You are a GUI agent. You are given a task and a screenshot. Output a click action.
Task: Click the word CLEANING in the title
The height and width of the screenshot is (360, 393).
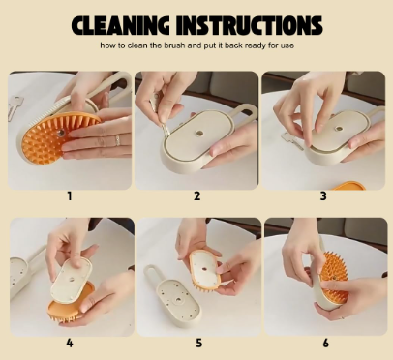tap(120, 25)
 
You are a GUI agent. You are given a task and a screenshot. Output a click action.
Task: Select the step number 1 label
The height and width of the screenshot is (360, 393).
tap(69, 195)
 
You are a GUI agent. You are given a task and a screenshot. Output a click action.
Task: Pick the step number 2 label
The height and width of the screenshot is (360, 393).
tap(196, 195)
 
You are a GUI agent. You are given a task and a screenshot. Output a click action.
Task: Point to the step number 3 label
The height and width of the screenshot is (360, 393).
tap(323, 195)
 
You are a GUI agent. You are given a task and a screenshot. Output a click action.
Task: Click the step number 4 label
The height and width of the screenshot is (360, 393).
tap(70, 343)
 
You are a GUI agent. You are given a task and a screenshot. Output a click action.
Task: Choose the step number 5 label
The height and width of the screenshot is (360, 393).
tap(199, 343)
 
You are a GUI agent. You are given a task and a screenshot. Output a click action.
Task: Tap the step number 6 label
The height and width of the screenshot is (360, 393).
tap(325, 343)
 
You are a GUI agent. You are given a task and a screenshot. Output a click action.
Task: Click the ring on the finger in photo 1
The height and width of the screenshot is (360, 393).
tap(117, 140)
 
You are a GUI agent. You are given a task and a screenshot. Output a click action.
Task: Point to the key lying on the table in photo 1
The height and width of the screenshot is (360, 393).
tap(14, 107)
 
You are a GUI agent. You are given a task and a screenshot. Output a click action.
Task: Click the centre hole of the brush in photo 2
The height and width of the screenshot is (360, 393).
tap(199, 133)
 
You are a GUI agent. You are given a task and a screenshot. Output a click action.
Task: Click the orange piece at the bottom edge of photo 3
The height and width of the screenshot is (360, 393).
tap(348, 186)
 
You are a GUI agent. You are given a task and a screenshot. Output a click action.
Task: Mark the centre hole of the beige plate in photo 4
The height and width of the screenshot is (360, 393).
tap(71, 280)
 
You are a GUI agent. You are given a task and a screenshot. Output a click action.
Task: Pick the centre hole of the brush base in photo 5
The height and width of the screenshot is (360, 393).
tap(178, 300)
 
